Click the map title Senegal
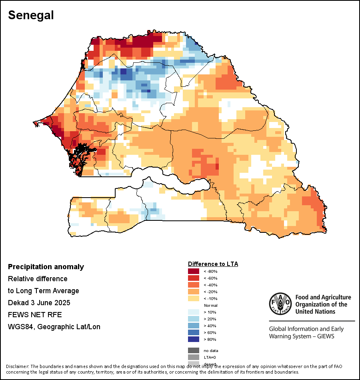coord(31,15)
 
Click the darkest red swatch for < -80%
coord(193,271)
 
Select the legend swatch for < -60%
coord(193,278)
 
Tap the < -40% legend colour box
coord(193,285)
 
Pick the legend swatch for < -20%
coord(193,292)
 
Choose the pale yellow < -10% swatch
coord(193,298)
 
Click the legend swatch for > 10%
coord(193,312)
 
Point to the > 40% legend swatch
coord(193,326)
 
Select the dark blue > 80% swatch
coord(193,339)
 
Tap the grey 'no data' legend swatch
coord(193,350)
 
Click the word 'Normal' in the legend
coord(210,305)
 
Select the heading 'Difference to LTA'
coord(213,264)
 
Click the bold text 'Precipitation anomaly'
coord(46,267)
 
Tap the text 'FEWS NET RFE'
coord(35,315)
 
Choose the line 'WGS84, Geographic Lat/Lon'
coord(54,327)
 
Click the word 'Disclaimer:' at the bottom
coord(17,366)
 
